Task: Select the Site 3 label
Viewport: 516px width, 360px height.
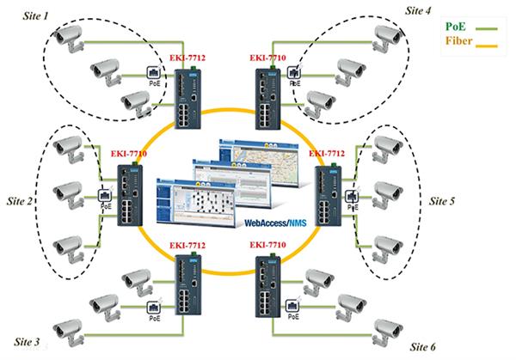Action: point(26,343)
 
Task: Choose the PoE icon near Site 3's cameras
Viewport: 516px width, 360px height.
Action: point(154,310)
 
